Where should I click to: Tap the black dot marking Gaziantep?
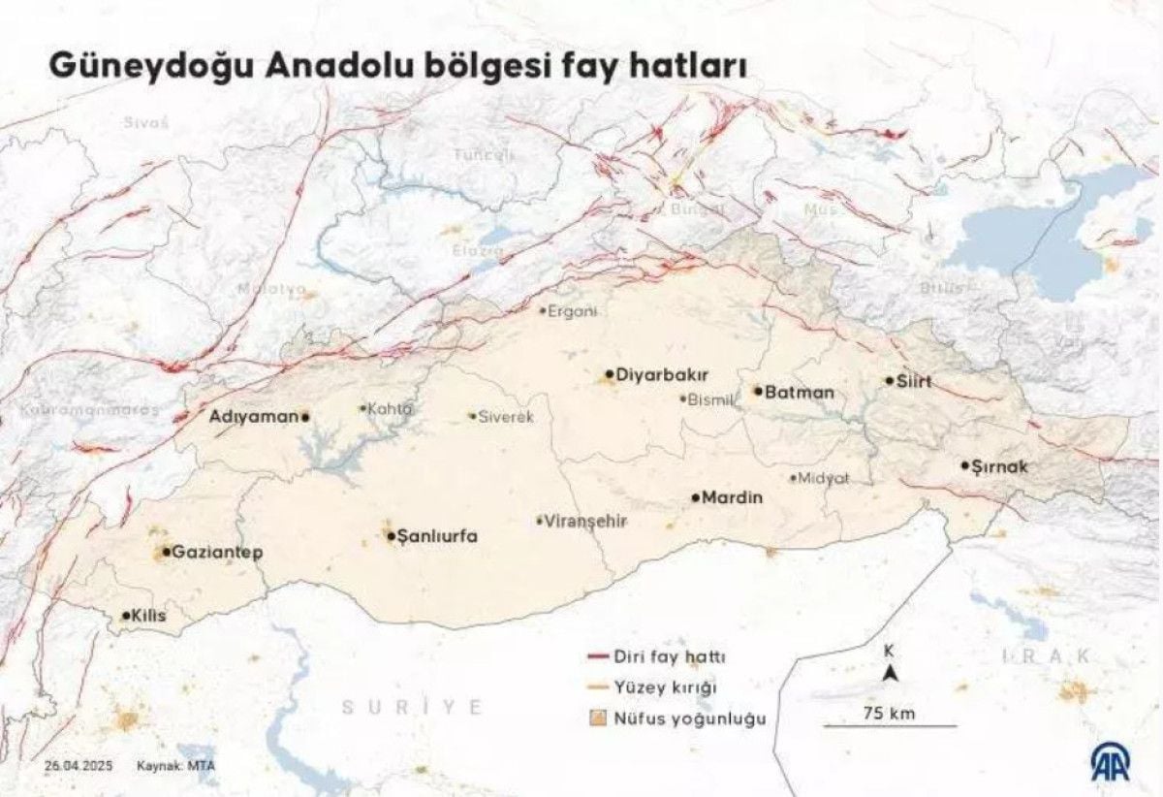[166, 552]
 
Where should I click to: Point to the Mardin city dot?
[696, 497]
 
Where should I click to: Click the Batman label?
[800, 393]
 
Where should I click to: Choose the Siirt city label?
[914, 381]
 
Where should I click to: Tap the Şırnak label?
[1000, 466]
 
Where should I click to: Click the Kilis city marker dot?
[126, 616]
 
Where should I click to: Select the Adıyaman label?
[254, 416]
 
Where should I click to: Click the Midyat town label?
[824, 478]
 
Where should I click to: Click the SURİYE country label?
[411, 707]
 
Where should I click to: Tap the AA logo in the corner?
[1115, 763]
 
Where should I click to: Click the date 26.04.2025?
[79, 766]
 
